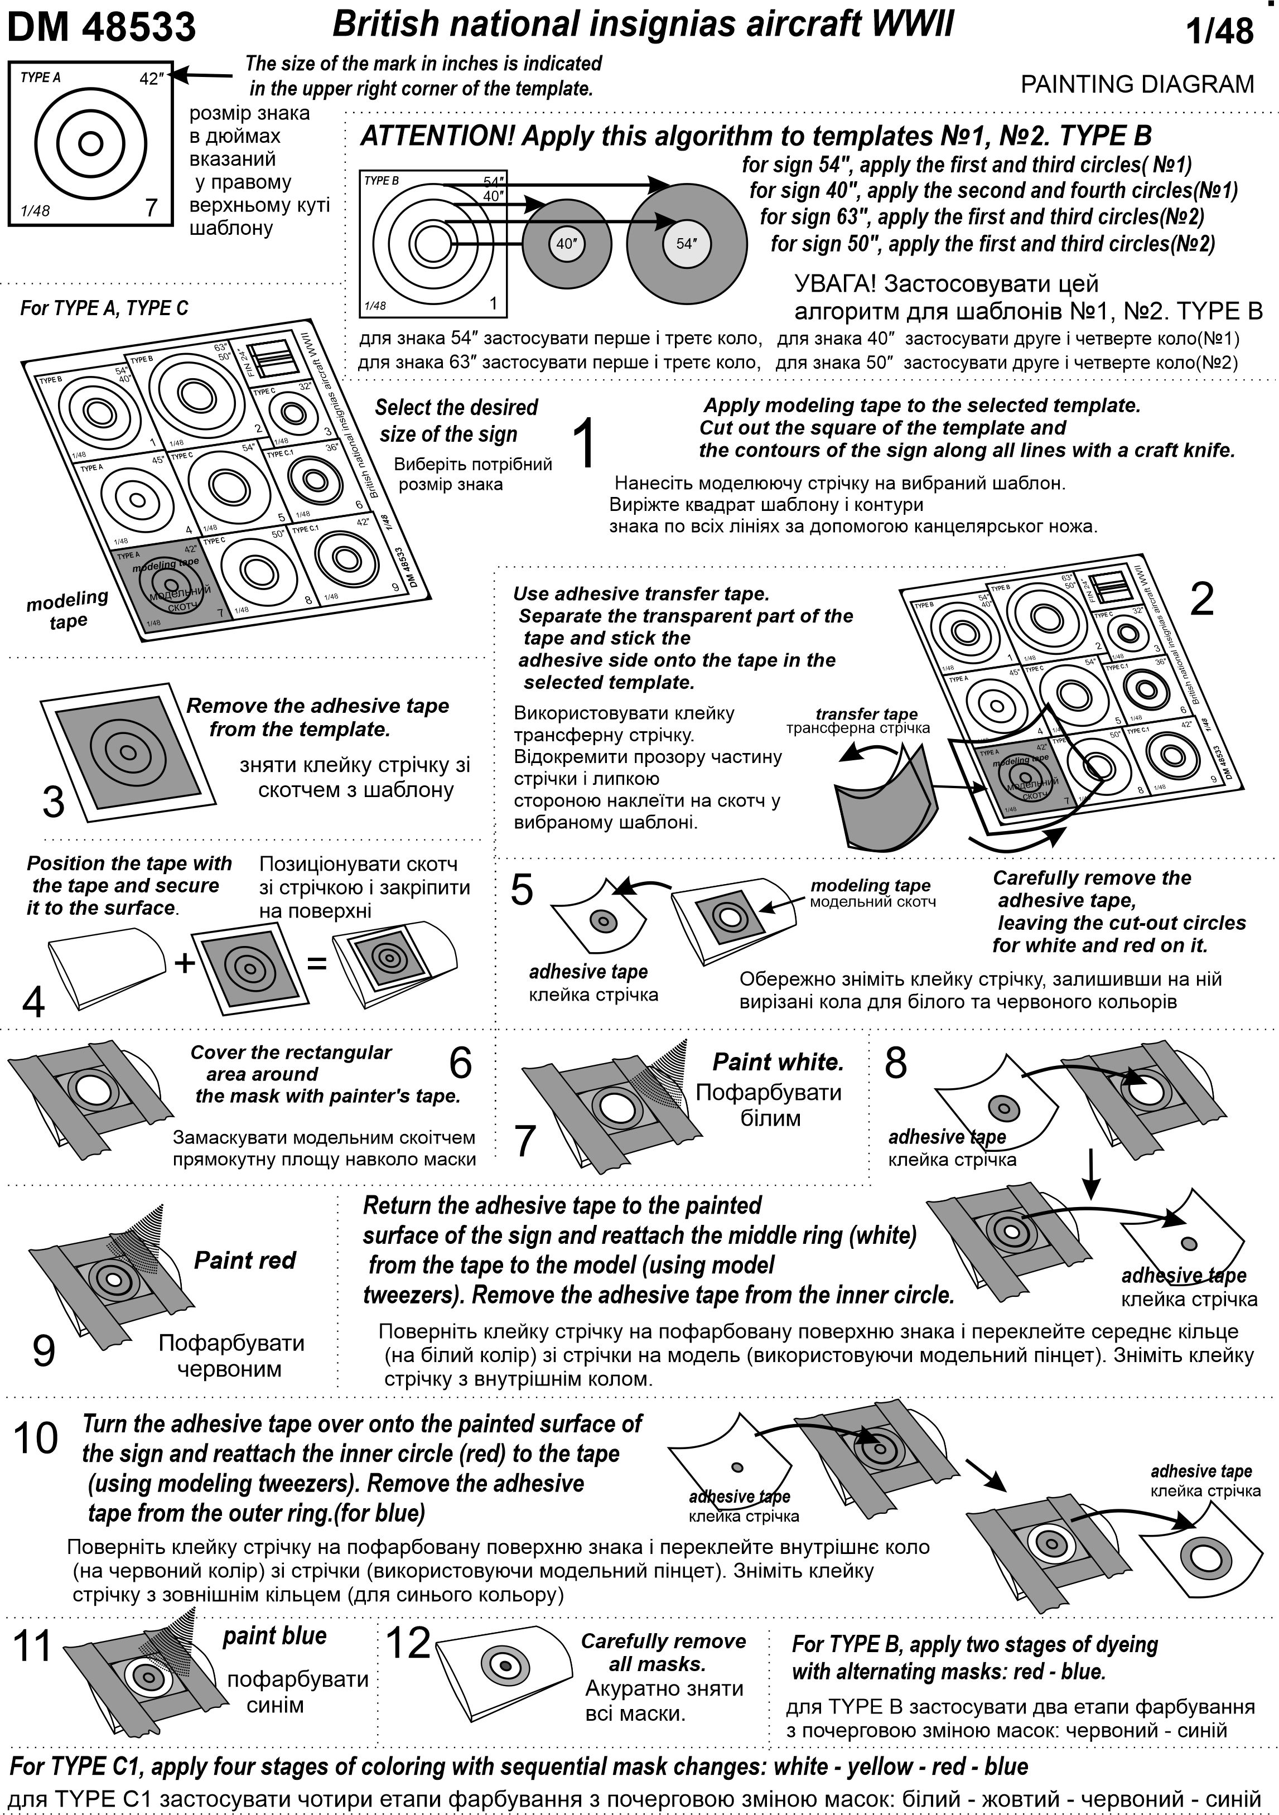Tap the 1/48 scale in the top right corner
[x=1220, y=32]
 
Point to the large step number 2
[x=1201, y=600]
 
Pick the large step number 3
[x=53, y=802]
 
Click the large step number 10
[x=36, y=1438]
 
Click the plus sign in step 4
[x=184, y=963]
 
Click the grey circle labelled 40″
[x=567, y=244]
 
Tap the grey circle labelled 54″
[x=686, y=244]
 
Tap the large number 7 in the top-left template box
[x=152, y=208]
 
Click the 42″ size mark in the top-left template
[x=149, y=79]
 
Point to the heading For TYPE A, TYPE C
[x=104, y=308]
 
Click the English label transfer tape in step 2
[x=866, y=714]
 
